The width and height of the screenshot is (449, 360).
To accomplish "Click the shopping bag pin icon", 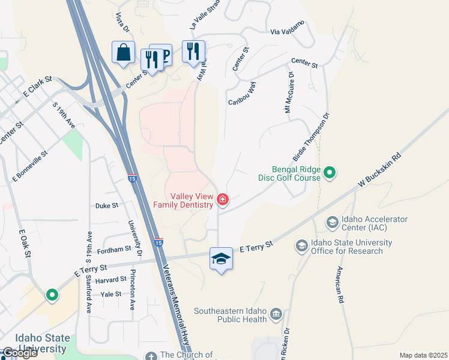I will (123, 52).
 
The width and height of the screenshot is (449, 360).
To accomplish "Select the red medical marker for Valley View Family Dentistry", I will (223, 199).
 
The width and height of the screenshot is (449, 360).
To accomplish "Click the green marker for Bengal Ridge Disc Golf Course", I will (329, 174).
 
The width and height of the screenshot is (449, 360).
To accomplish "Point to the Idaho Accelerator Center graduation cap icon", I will (332, 223).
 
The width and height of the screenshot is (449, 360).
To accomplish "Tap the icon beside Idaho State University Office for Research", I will (302, 246).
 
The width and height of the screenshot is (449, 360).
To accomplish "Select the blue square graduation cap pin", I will (221, 259).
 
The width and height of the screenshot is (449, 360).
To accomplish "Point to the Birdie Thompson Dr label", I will (312, 137).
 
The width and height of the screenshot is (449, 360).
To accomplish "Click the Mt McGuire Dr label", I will (289, 93).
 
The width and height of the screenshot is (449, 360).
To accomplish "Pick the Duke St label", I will (107, 205).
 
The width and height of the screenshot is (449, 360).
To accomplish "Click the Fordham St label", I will (113, 249).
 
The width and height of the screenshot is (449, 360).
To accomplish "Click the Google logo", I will (19, 353).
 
